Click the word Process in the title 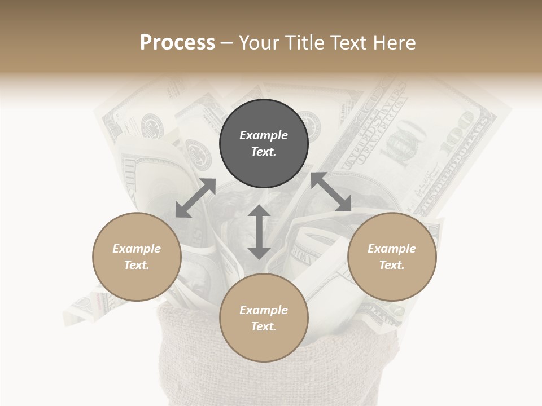177,43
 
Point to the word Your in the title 260,43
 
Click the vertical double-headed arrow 259,232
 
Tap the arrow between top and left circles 195,198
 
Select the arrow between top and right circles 331,192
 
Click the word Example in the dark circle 264,135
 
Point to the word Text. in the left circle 137,265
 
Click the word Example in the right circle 392,249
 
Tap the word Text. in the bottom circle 264,326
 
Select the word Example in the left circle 137,249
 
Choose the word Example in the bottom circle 264,310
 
